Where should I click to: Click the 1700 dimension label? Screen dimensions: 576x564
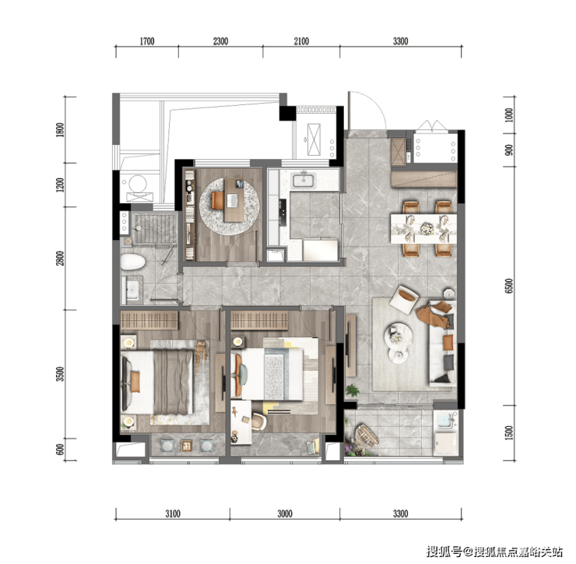click(147, 41)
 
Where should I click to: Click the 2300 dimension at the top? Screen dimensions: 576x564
click(221, 41)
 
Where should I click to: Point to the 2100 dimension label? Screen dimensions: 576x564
click(301, 41)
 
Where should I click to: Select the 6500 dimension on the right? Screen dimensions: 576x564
click(509, 286)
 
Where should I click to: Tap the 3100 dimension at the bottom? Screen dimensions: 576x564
click(173, 513)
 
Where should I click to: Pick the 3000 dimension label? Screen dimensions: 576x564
click(285, 513)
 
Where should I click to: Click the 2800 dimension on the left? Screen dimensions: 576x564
click(60, 258)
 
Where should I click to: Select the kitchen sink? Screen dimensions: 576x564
click(304, 181)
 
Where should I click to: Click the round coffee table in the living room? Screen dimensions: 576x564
click(399, 335)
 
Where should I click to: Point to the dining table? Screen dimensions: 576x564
click(423, 229)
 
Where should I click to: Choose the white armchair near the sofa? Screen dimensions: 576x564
click(404, 299)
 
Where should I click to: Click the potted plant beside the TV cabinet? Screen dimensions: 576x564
click(352, 390)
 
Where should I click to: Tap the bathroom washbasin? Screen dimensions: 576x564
click(132, 290)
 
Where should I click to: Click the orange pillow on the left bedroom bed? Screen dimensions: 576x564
click(135, 381)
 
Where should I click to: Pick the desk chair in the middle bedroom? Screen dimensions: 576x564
click(259, 421)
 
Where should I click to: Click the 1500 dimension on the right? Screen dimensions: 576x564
click(509, 433)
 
